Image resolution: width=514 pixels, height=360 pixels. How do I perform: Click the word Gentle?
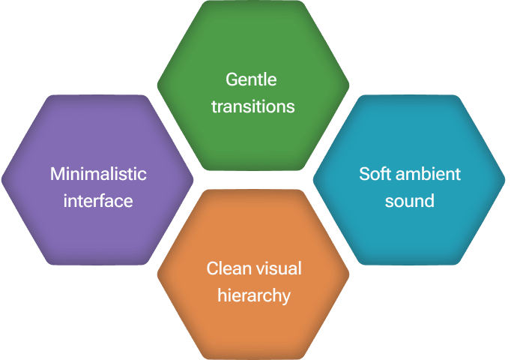tap(252, 80)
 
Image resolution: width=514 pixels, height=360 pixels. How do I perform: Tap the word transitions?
tap(253, 106)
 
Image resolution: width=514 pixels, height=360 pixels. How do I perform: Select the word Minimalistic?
tap(98, 174)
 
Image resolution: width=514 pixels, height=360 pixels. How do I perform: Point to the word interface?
tap(98, 201)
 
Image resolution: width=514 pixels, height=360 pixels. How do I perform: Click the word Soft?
tap(375, 174)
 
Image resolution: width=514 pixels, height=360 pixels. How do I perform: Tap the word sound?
tap(410, 201)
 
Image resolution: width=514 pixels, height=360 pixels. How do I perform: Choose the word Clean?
tap(228, 268)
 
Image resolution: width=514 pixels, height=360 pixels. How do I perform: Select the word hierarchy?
tap(253, 295)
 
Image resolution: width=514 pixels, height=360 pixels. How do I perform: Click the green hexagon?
tap(253, 45)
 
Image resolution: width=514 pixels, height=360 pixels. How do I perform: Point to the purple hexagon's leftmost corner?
tap(3, 179)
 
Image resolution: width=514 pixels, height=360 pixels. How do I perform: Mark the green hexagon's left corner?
tap(158, 85)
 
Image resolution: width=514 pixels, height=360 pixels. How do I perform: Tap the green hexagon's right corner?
tap(348, 85)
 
